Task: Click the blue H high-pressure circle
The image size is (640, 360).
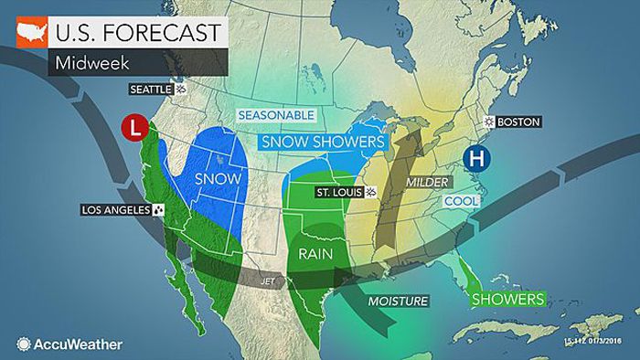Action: pyautogui.click(x=475, y=158)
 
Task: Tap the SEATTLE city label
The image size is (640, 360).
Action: pyautogui.click(x=152, y=89)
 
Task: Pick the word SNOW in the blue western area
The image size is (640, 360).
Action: pyautogui.click(x=217, y=179)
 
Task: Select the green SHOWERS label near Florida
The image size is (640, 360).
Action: pyautogui.click(x=508, y=299)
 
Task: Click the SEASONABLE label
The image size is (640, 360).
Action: pyautogui.click(x=276, y=115)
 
